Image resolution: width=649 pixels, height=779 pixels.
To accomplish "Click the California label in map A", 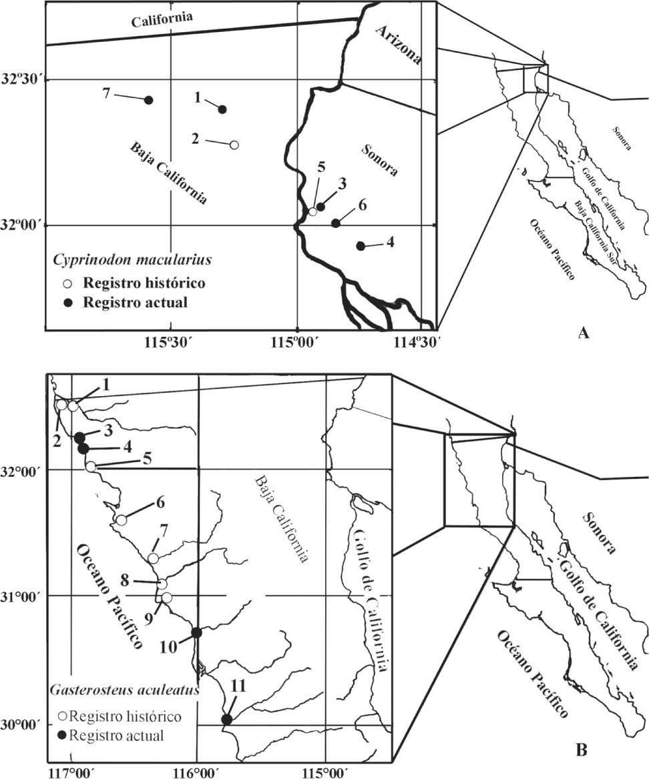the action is point(162,21).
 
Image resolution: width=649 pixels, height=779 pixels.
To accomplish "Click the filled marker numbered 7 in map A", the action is point(149,100).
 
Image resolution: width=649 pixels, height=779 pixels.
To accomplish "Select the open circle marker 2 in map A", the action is point(234,145).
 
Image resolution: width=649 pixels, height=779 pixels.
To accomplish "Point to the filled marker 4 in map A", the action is point(361,246).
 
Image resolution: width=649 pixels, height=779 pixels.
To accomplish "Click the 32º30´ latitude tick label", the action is point(23,79).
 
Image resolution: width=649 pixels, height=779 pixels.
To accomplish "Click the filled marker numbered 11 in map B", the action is point(226,719).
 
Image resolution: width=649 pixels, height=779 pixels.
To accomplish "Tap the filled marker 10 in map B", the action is point(196,632).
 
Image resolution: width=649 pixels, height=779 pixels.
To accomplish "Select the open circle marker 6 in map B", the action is point(121,520).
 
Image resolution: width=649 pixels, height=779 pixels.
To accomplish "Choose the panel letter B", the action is point(581,752).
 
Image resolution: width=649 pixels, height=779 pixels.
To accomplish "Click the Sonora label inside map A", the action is point(379,159).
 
